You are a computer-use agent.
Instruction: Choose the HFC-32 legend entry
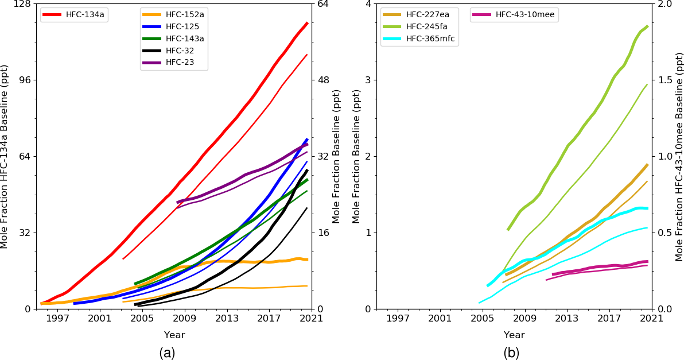click(x=180, y=51)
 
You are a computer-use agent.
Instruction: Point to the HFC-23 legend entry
click(x=180, y=63)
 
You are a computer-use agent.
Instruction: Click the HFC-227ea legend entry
click(x=427, y=14)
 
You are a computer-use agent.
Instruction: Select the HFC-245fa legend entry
click(x=427, y=26)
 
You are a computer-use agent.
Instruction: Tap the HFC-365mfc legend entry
click(x=430, y=38)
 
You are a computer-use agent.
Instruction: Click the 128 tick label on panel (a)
click(x=24, y=4)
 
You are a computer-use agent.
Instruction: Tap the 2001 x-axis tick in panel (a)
click(x=99, y=318)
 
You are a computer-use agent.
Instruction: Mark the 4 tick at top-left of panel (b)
click(x=367, y=4)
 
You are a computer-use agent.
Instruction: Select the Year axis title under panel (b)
click(x=514, y=335)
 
